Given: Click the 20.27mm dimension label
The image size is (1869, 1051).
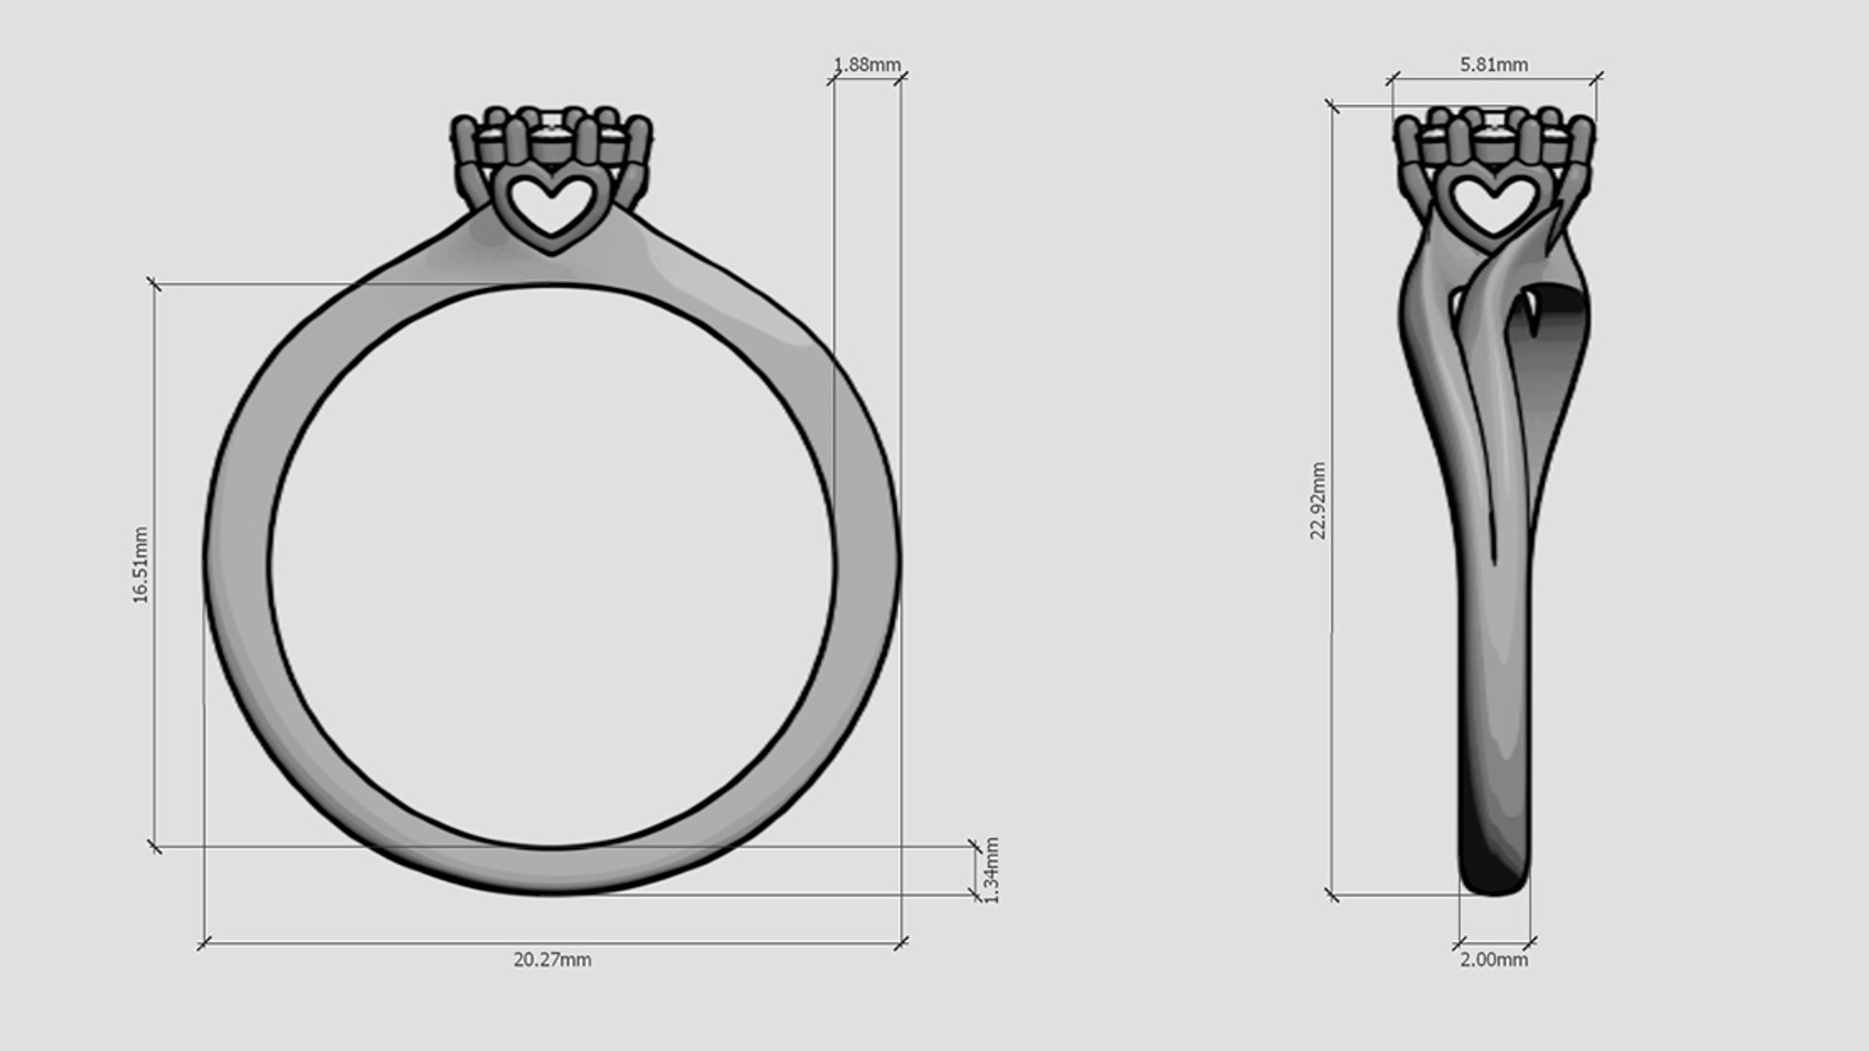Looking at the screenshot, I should (552, 960).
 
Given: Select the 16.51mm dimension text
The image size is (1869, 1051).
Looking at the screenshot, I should (141, 565).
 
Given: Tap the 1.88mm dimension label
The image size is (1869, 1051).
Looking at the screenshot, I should (867, 64).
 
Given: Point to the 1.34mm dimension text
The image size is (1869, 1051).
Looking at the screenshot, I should (992, 870).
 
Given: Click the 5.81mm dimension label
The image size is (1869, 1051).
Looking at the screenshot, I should (1493, 64).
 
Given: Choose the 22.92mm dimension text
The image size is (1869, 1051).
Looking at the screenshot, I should (1318, 501).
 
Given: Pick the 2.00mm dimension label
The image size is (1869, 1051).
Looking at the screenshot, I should (1493, 960).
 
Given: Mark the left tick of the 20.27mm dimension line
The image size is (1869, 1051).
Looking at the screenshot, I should (203, 943).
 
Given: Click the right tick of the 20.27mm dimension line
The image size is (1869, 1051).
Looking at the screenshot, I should (901, 943).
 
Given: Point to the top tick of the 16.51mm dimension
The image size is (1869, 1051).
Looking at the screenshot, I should (154, 284).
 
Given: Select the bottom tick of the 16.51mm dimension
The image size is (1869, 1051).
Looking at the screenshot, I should (154, 847).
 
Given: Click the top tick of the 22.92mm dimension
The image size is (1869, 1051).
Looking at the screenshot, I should (1332, 105).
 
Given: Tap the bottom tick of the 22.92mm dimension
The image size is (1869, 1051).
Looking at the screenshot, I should (1332, 894).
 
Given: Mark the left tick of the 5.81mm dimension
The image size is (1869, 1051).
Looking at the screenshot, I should (1392, 78).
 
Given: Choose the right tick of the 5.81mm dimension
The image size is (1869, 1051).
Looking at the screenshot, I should (1596, 78).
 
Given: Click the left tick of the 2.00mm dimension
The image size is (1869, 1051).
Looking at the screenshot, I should (1459, 942).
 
